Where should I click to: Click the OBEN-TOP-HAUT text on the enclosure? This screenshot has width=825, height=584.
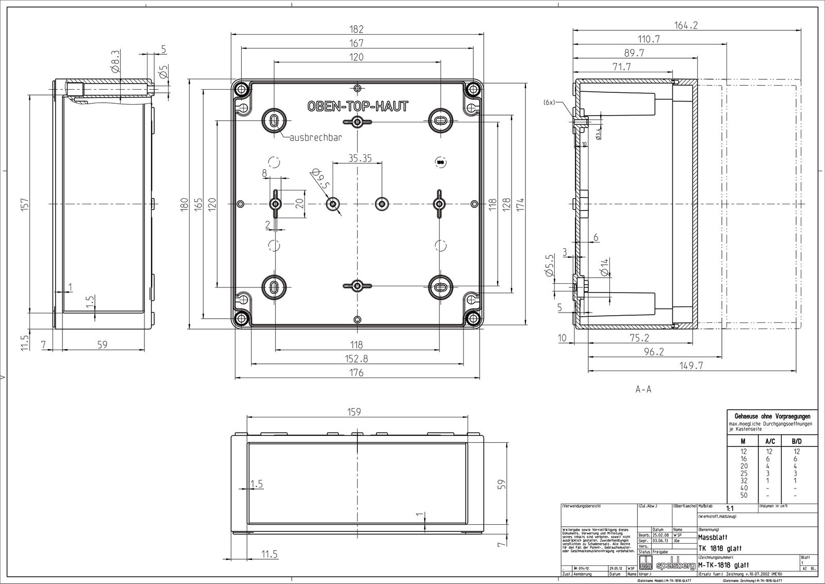tap(357, 106)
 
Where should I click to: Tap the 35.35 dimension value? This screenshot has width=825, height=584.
tap(359, 158)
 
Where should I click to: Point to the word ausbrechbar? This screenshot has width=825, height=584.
tap(316, 138)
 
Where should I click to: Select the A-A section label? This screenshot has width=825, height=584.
tap(643, 390)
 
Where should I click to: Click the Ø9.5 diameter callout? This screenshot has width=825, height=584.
tap(320, 180)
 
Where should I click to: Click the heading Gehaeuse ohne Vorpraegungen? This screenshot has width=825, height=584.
tap(771, 416)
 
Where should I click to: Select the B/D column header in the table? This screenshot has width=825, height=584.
tap(796, 441)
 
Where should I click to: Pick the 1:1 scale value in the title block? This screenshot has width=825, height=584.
tap(729, 508)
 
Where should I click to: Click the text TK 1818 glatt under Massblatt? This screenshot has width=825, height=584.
tap(720, 547)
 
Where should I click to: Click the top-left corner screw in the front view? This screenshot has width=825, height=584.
tap(241, 90)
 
